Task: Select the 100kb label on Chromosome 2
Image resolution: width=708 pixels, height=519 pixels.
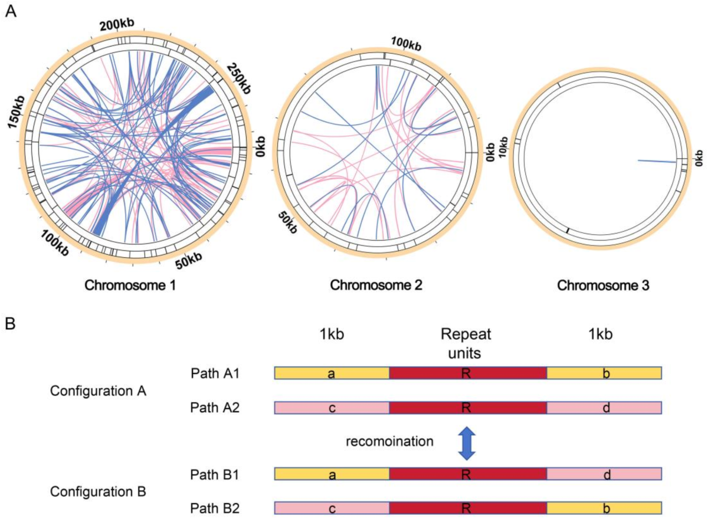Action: pyautogui.click(x=405, y=43)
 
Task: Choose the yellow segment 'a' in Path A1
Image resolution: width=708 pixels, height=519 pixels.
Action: pyautogui.click(x=332, y=373)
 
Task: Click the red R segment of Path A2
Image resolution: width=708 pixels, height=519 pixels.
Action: pyautogui.click(x=468, y=408)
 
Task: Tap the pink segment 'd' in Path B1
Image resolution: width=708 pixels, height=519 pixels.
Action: pyautogui.click(x=604, y=473)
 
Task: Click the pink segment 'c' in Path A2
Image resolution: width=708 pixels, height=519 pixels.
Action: pyautogui.click(x=332, y=408)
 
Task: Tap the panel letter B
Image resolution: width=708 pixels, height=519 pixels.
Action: pyautogui.click(x=10, y=324)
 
